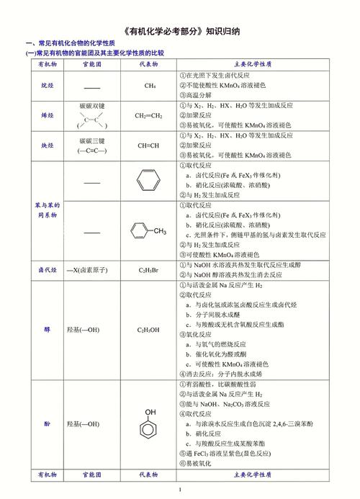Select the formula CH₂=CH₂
click(149, 115)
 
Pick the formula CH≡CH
click(149, 145)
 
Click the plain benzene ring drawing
click(148, 180)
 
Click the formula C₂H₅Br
click(149, 270)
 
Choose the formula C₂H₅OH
click(149, 330)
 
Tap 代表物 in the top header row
click(149, 64)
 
